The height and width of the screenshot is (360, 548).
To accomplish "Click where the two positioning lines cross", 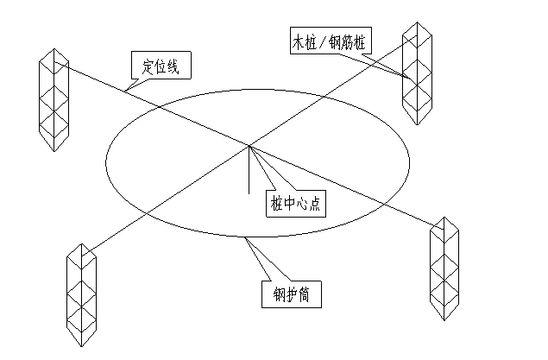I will (x=249, y=145).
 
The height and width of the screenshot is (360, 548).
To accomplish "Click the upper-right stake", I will (x=417, y=73).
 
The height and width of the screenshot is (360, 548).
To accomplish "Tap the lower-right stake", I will (x=444, y=268).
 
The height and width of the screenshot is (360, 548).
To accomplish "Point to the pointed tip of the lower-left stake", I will (x=82, y=346).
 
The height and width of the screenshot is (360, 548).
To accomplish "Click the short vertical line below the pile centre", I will (x=249, y=168).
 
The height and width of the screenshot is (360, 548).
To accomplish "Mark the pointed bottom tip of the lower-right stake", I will (x=445, y=317).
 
